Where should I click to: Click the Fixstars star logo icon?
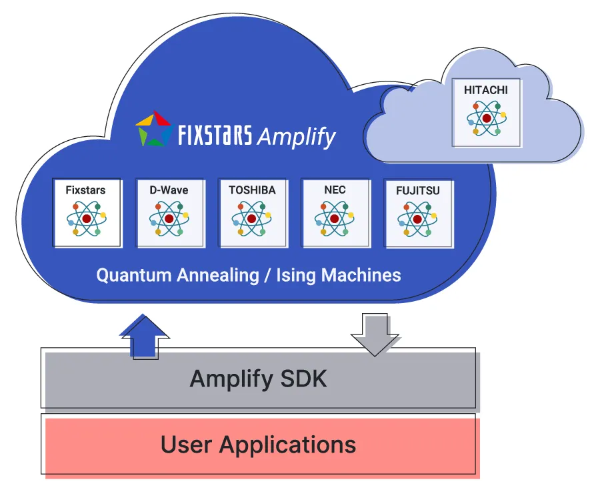(154, 129)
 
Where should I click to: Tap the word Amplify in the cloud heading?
(296, 137)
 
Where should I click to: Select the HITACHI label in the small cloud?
(487, 89)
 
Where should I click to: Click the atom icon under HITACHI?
(487, 117)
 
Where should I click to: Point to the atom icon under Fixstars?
(86, 219)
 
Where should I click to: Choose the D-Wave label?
(169, 190)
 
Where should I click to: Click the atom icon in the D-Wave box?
(169, 219)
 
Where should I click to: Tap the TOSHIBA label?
(252, 190)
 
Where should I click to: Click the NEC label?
(335, 190)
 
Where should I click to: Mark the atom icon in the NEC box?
(335, 219)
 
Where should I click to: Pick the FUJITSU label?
(418, 190)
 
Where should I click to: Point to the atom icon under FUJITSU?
(417, 219)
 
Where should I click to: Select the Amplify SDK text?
(259, 379)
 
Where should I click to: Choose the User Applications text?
(259, 445)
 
